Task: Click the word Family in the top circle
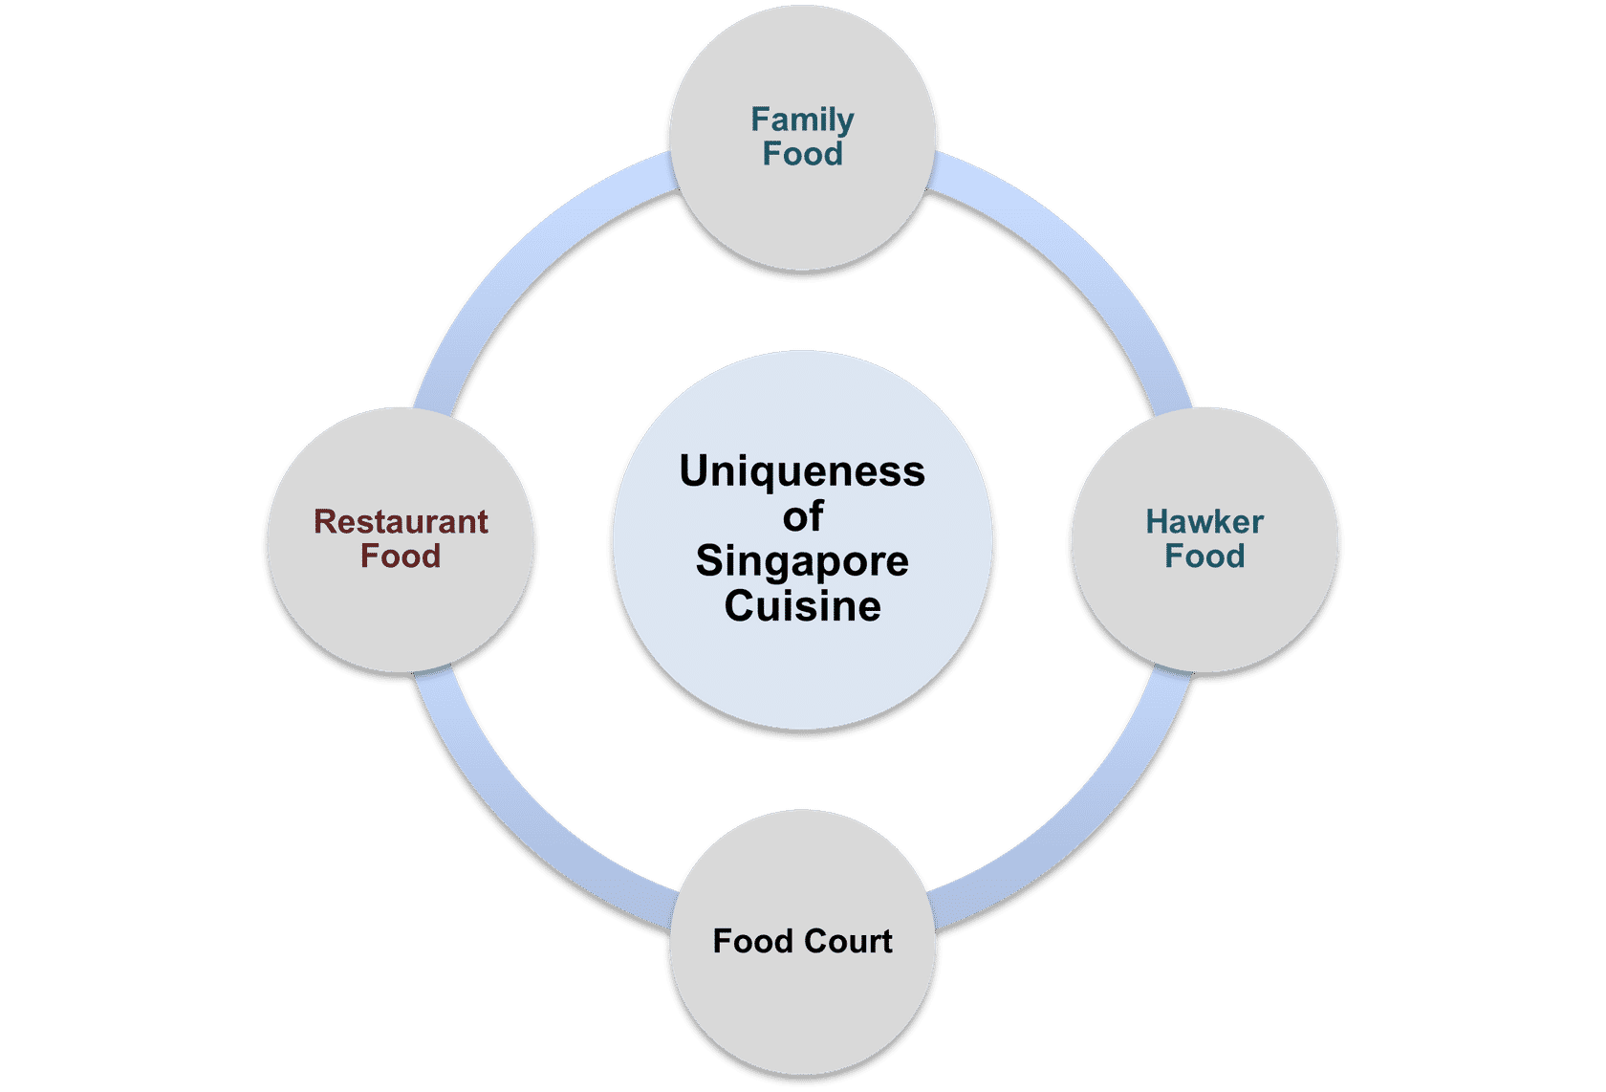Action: pyautogui.click(x=802, y=120)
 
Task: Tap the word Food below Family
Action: pyautogui.click(x=802, y=154)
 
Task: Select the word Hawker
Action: pyautogui.click(x=1204, y=522)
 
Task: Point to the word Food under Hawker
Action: pyautogui.click(x=1204, y=557)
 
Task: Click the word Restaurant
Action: pyautogui.click(x=401, y=522)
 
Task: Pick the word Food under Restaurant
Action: pyautogui.click(x=401, y=557)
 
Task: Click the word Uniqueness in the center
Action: pyautogui.click(x=802, y=471)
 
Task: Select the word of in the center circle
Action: pyautogui.click(x=802, y=517)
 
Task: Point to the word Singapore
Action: pyautogui.click(x=802, y=561)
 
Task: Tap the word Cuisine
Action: pyautogui.click(x=802, y=606)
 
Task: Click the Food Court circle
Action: pyautogui.click(x=802, y=1004)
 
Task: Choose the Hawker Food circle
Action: pyautogui.click(x=1204, y=612)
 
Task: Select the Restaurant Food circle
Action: pyautogui.click(x=401, y=612)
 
